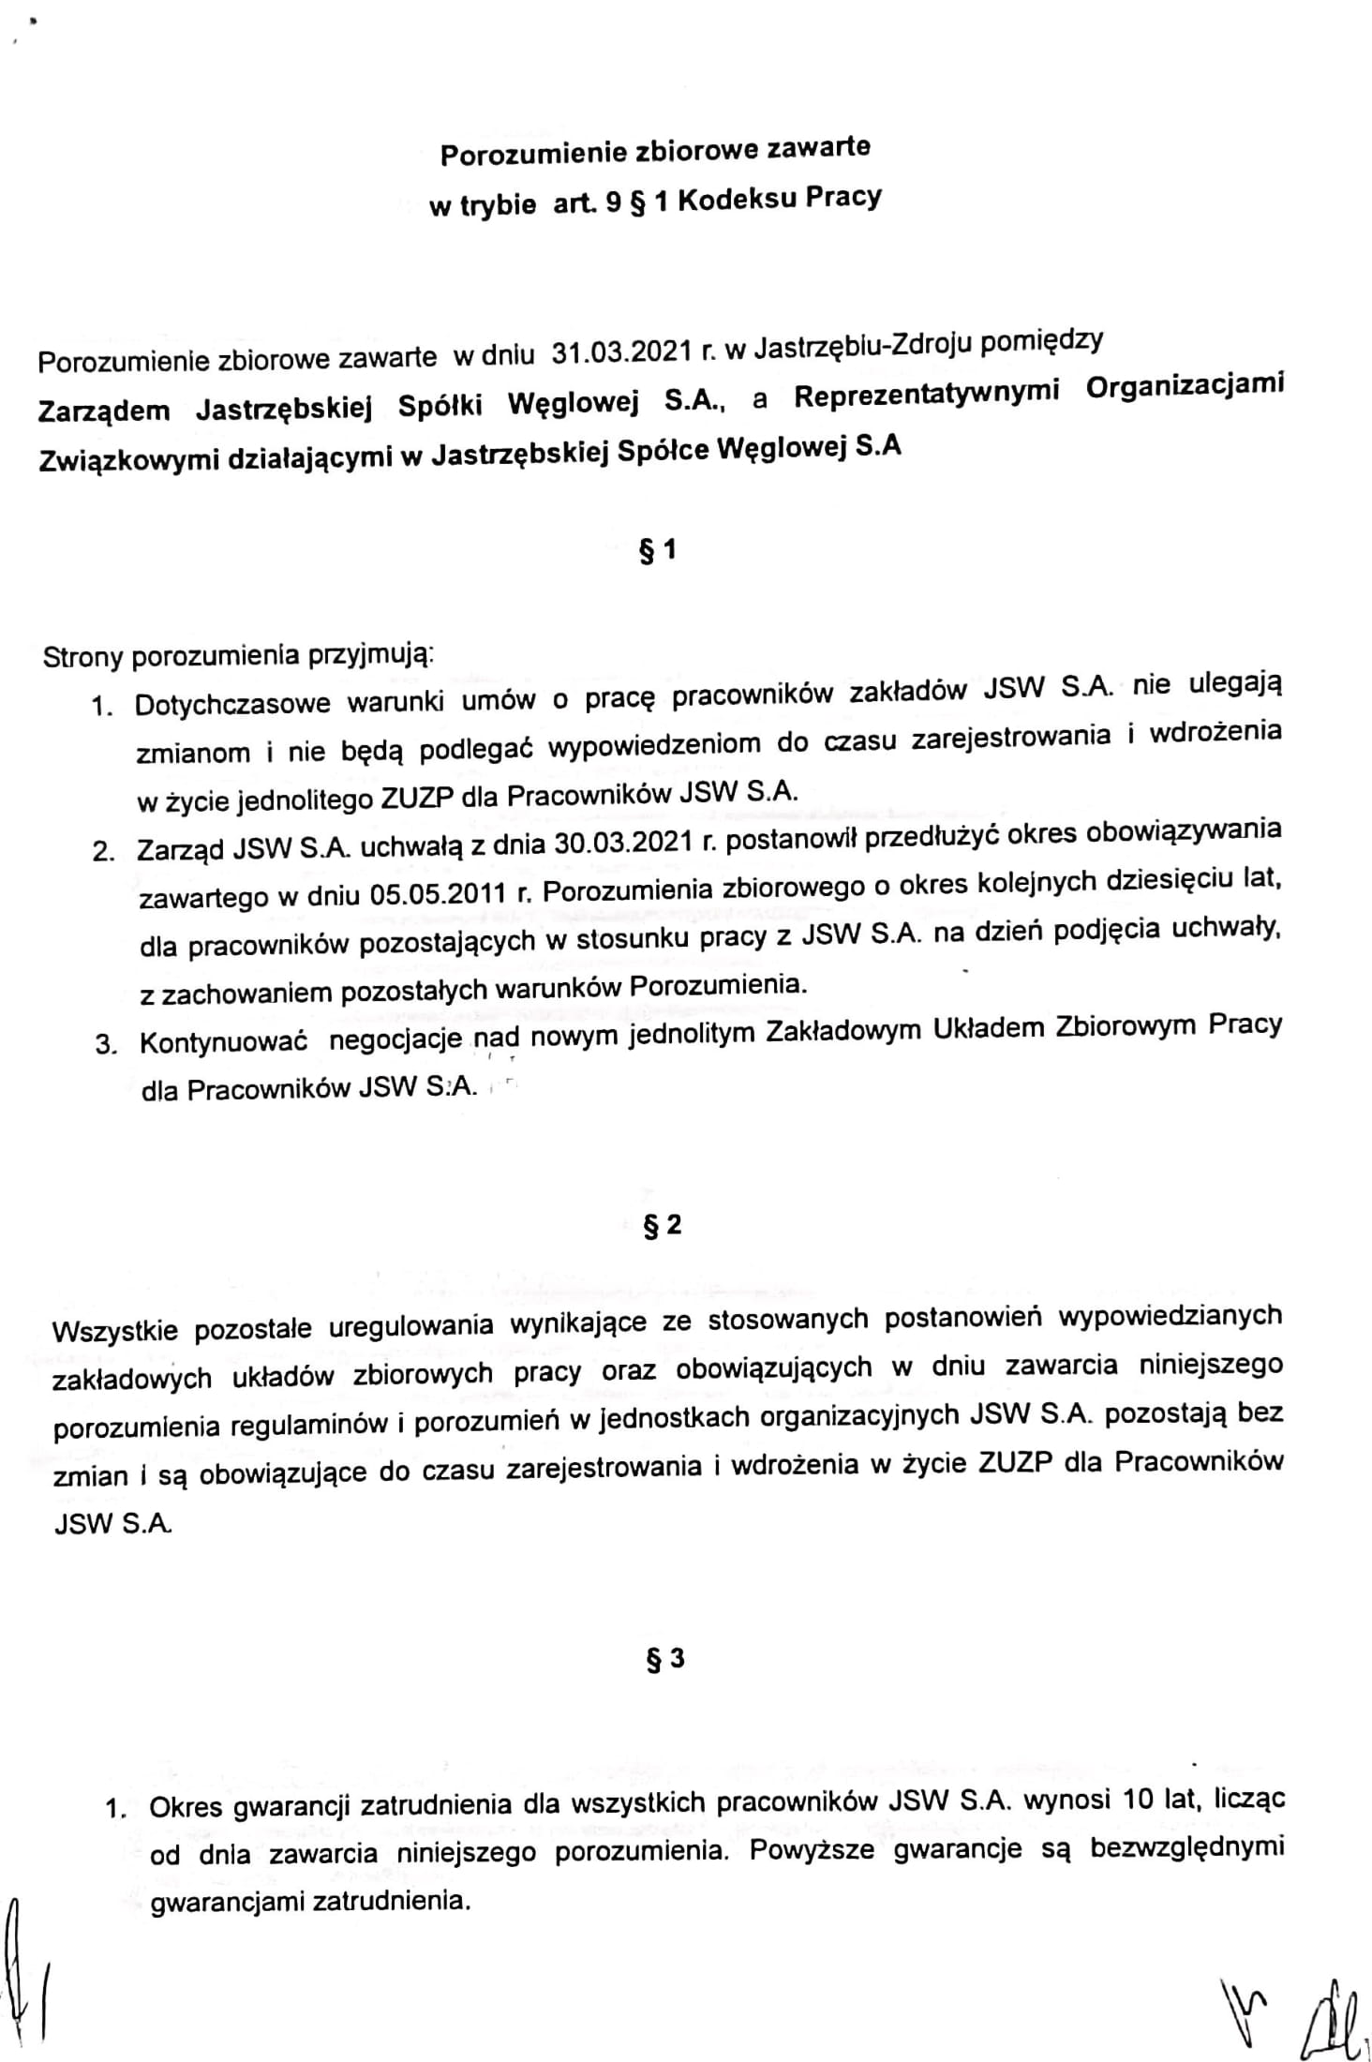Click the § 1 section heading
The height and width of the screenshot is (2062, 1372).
pyautogui.click(x=658, y=552)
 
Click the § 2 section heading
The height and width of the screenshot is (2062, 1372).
pyautogui.click(x=662, y=1226)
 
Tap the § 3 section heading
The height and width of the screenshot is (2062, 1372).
pyautogui.click(x=665, y=1660)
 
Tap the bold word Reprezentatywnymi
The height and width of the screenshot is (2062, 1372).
pyautogui.click(x=927, y=394)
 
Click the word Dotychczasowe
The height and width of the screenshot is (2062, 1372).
pyautogui.click(x=232, y=703)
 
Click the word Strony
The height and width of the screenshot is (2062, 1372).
pyautogui.click(x=82, y=656)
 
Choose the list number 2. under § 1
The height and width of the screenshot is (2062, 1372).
pyautogui.click(x=103, y=852)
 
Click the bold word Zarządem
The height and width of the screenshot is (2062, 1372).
pyautogui.click(x=104, y=411)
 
